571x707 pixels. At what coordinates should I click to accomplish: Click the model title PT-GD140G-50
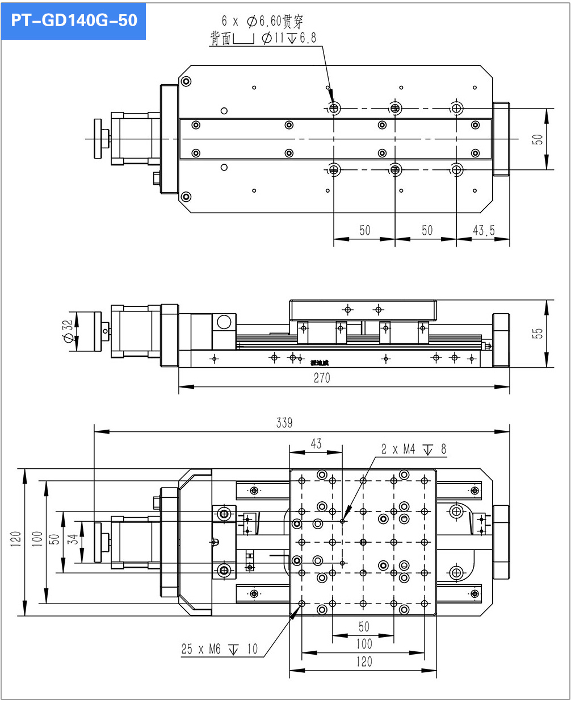[74, 20]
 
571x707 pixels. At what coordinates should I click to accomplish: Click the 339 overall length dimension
[284, 422]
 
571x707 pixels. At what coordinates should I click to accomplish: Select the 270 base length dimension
[321, 378]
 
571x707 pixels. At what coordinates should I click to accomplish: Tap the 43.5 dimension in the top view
[484, 230]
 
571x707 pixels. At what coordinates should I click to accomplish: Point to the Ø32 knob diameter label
[68, 331]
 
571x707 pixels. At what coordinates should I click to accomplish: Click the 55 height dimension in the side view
[538, 333]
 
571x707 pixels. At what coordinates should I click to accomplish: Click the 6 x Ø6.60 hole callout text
[262, 22]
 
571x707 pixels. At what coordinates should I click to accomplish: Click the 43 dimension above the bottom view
[316, 443]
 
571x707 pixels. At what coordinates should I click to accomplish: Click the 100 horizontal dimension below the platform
[364, 644]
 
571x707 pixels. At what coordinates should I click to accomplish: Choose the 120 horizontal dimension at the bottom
[364, 662]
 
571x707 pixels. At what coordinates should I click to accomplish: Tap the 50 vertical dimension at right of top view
[538, 139]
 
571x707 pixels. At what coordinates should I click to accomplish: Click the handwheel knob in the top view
[100, 138]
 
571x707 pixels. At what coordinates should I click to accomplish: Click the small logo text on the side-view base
[320, 363]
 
